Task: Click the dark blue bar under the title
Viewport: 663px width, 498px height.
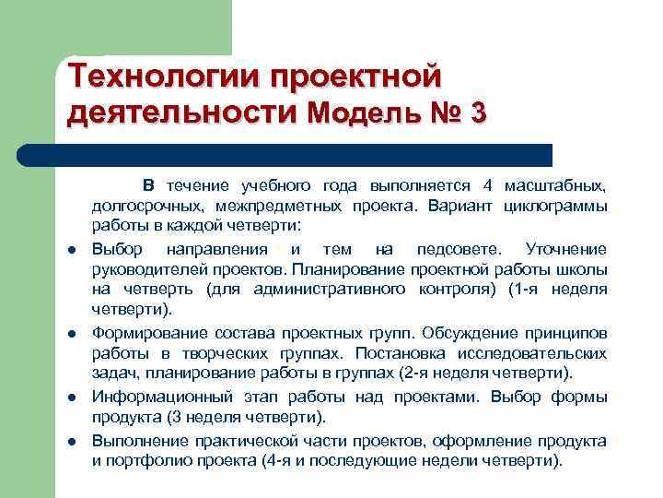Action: (304, 154)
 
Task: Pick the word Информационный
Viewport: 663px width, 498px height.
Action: (157, 397)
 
